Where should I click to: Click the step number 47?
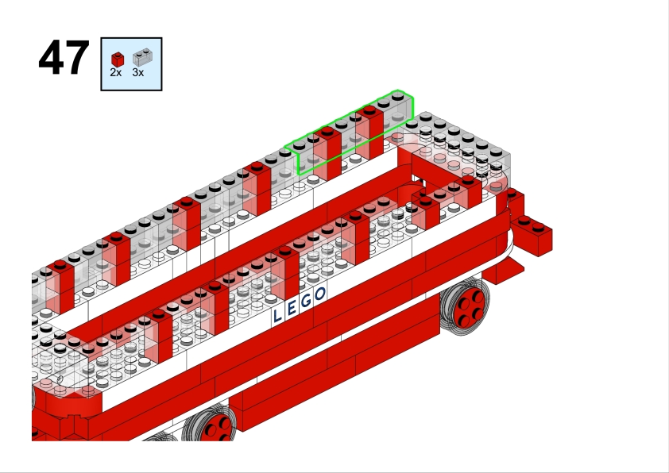64,57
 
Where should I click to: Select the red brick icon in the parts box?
118,60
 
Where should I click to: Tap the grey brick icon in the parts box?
142,57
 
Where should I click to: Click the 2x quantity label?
116,73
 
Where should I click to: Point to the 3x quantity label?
137,73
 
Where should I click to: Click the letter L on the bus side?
277,315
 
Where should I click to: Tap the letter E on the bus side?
292,308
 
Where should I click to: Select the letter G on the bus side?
306,301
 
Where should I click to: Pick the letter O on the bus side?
320,294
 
